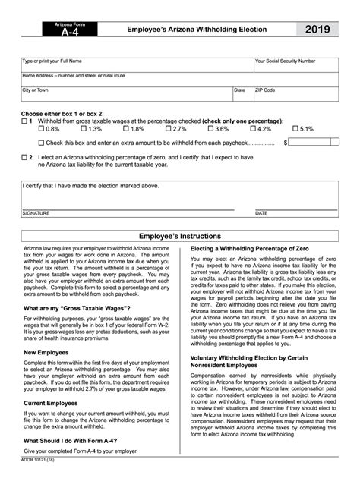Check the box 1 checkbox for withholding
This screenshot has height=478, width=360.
[x=25, y=121]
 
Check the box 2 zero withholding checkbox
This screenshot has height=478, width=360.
[x=25, y=157]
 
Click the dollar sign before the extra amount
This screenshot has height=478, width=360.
[x=285, y=142]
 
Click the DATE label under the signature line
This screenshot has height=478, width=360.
[x=261, y=213]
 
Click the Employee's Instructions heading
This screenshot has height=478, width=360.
[x=179, y=236]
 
